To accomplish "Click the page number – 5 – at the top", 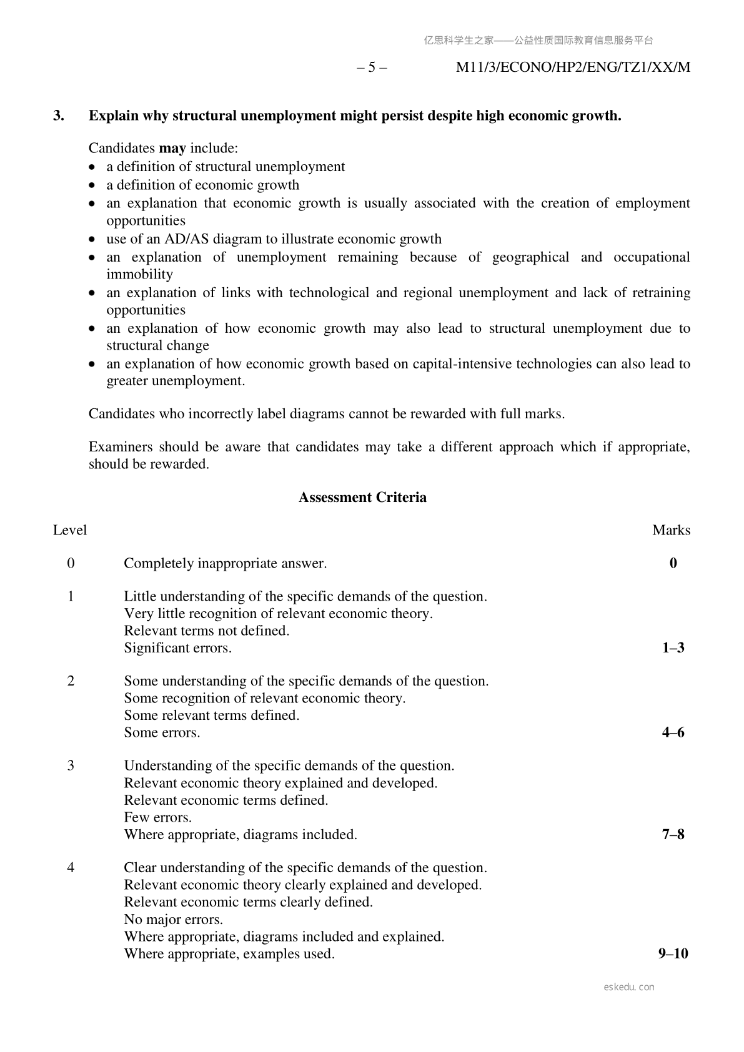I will point(372,67).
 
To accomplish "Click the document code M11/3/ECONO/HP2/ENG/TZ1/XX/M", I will point(573,67).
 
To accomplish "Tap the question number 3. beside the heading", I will point(59,116).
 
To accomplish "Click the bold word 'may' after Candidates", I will point(172,149).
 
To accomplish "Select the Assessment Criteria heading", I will point(362,498).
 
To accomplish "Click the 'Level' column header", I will point(70,530).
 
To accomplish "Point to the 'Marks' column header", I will point(671,530).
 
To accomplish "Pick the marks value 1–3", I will point(673,648).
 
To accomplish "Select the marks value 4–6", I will point(673,732).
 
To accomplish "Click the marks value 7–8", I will point(673,835).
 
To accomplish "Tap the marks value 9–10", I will point(673,954).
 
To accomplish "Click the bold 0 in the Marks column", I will point(673,563).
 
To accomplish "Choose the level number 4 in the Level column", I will point(71,868).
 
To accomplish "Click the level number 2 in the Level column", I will point(71,681).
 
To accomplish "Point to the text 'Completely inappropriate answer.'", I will point(225,563).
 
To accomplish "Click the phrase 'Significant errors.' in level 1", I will point(177,648).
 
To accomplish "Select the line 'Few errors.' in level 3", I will point(157,817).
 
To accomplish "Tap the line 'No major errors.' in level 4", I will point(173,919).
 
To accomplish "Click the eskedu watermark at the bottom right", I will point(629,987).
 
